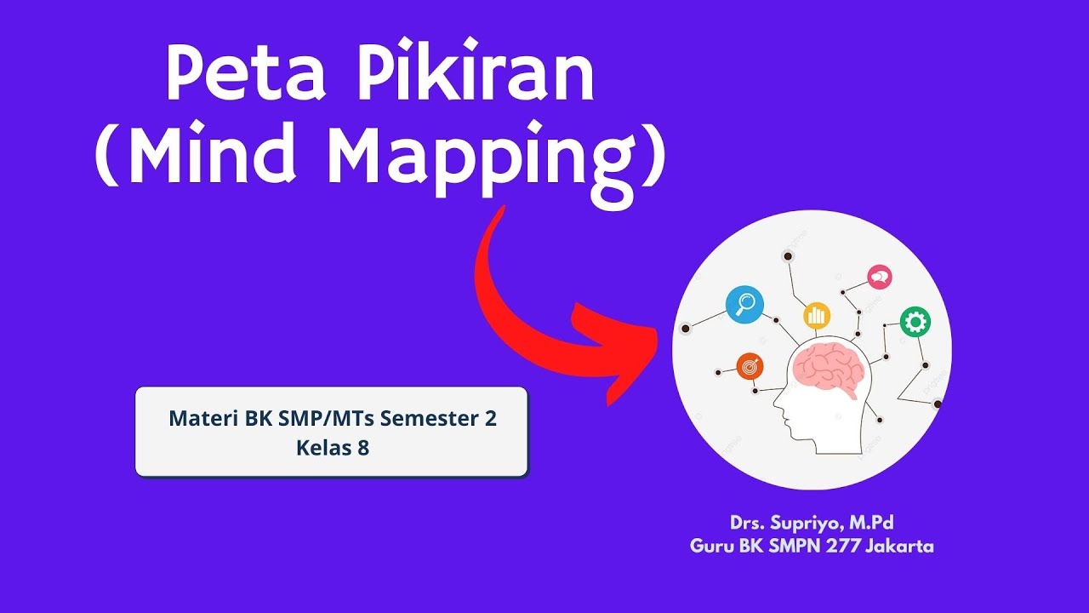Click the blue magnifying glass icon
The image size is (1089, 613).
(x=744, y=303)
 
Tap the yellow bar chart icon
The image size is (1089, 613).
(x=817, y=316)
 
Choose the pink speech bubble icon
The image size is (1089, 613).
(x=879, y=277)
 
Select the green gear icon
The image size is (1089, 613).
(x=915, y=322)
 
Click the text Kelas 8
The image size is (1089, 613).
(x=333, y=447)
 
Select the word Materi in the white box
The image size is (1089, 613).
(x=202, y=418)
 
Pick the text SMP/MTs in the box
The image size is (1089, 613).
(x=327, y=418)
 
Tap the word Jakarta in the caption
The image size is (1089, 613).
(x=899, y=547)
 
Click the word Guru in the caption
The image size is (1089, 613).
(x=711, y=547)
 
